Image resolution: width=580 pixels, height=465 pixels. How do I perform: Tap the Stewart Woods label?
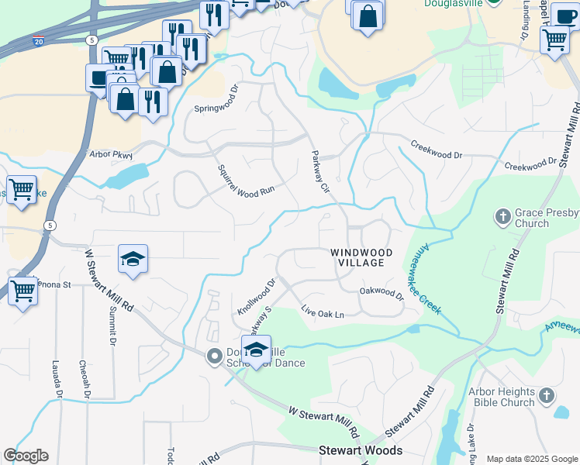tap(361, 450)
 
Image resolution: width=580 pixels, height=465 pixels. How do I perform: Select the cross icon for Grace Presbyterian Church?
tap(502, 216)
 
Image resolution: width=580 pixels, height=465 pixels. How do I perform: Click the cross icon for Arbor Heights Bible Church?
tap(547, 396)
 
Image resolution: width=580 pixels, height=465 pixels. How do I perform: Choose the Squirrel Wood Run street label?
tap(246, 180)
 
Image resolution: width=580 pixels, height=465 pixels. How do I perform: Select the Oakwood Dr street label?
tap(381, 294)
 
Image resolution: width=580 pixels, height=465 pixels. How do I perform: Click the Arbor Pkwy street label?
tap(112, 153)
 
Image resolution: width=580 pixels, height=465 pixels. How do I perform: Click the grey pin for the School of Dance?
tap(214, 356)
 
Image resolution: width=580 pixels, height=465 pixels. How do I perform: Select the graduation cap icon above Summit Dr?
tap(133, 260)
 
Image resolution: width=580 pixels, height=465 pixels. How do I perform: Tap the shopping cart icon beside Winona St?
tap(23, 291)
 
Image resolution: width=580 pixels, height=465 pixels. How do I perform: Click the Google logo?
tap(26, 456)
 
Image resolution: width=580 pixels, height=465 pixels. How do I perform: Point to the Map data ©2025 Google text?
tap(531, 459)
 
